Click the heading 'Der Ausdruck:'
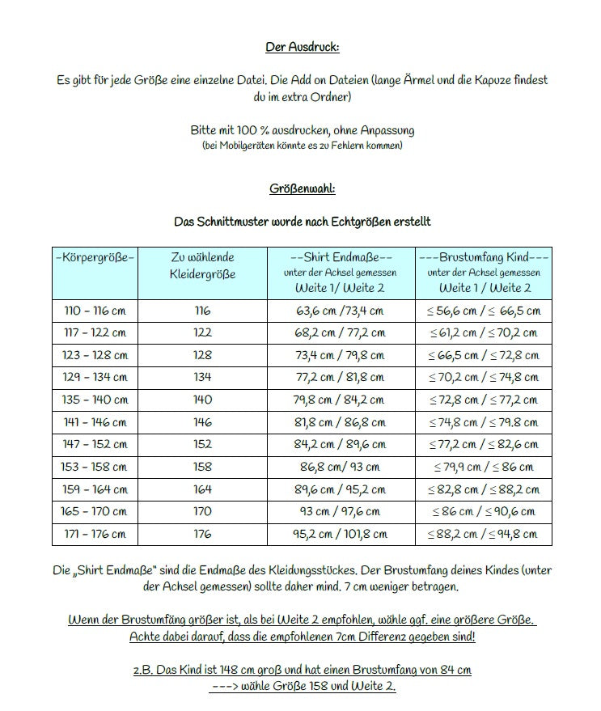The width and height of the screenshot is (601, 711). click(x=302, y=47)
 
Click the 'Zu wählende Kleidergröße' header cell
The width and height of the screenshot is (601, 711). click(x=202, y=265)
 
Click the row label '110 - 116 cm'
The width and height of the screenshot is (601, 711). click(x=95, y=311)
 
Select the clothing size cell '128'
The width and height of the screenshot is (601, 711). click(x=202, y=355)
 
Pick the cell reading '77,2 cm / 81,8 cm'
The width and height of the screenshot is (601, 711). click(x=341, y=378)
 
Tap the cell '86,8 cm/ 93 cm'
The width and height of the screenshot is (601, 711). click(x=341, y=467)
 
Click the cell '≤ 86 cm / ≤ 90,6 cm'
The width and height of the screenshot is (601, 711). click(x=485, y=511)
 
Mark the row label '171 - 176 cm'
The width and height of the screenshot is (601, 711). click(x=95, y=534)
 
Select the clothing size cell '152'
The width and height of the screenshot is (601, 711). click(x=202, y=444)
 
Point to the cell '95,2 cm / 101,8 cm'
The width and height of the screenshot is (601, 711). click(x=341, y=534)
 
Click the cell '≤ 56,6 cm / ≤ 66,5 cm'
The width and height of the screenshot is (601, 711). click(x=485, y=311)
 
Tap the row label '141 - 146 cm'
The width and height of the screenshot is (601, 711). click(x=95, y=422)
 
